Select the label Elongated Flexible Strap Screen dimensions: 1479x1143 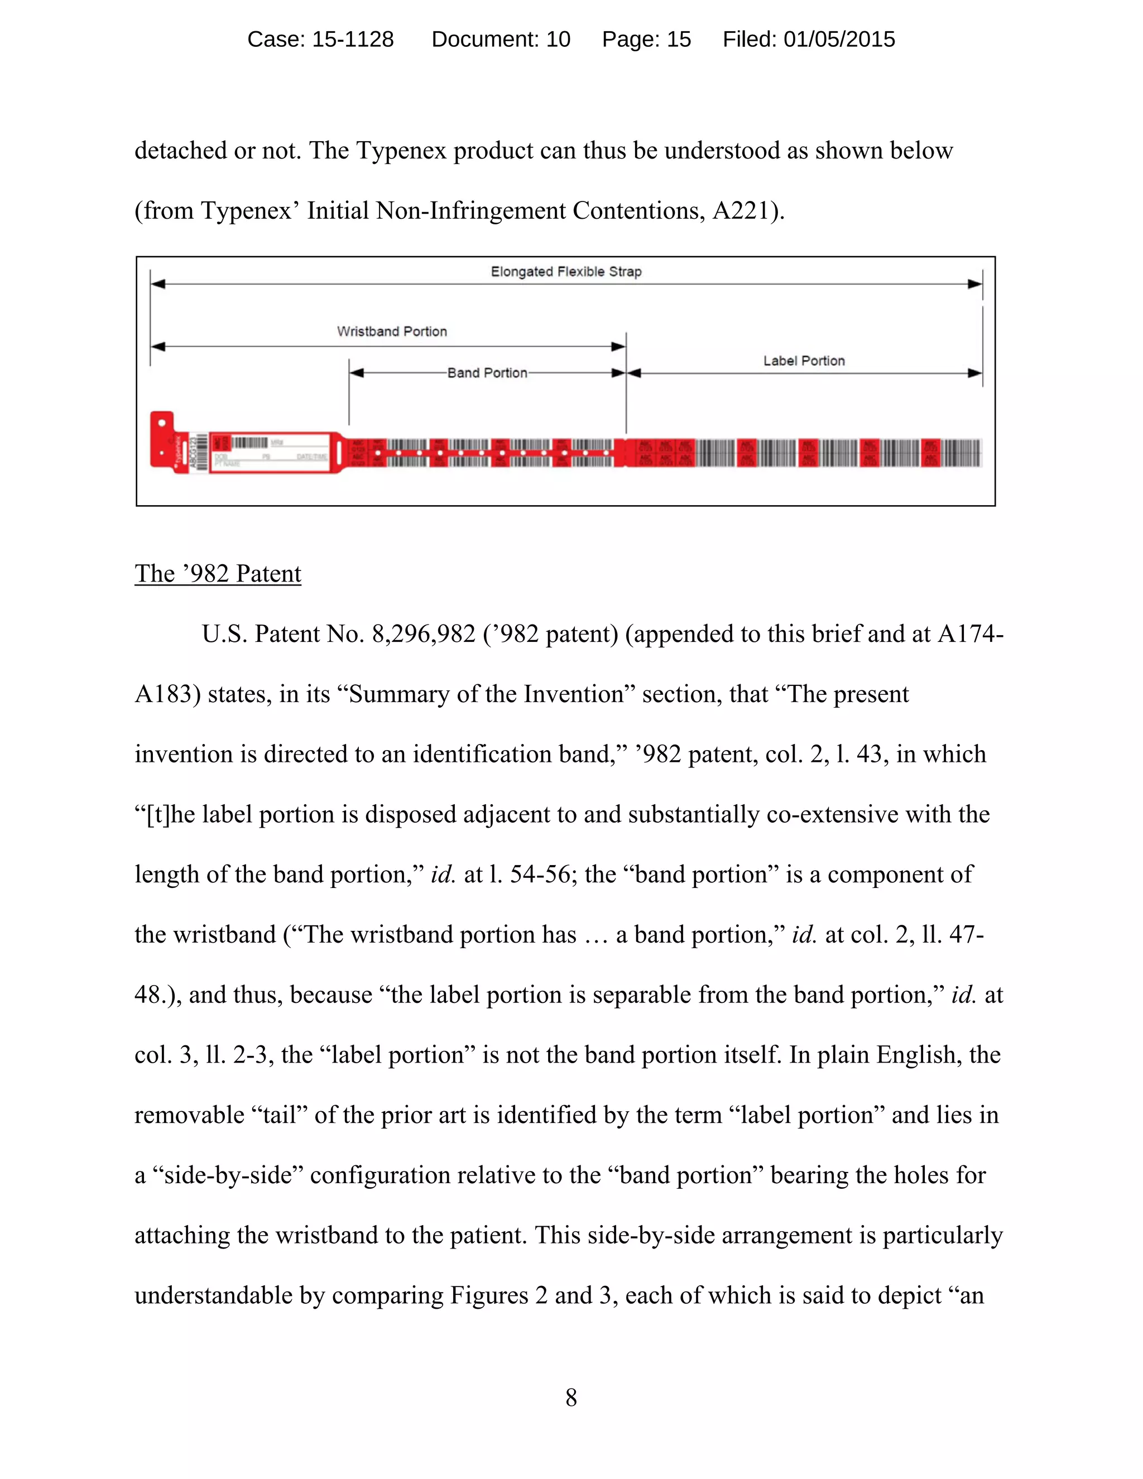(566, 272)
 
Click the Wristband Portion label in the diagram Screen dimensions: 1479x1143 (392, 331)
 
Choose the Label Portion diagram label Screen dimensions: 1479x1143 (804, 361)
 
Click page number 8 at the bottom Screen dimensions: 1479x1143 (571, 1397)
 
